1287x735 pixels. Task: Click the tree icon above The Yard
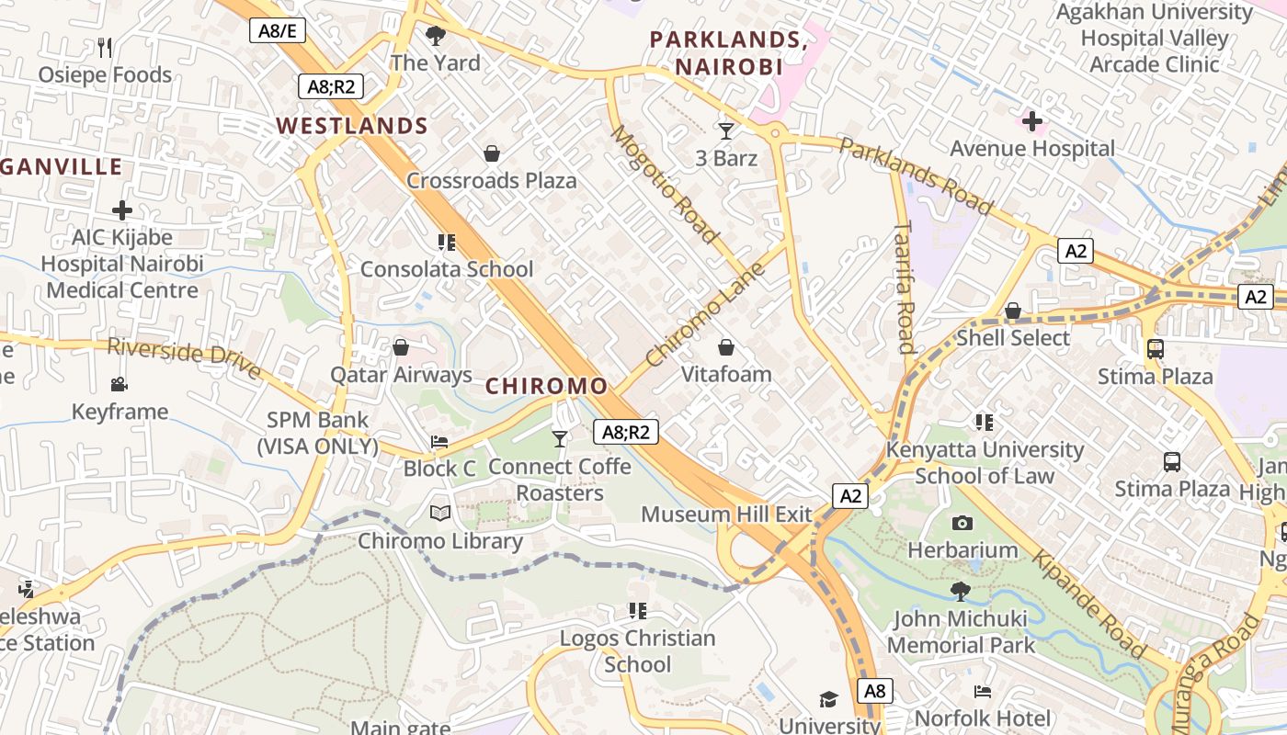[436, 36]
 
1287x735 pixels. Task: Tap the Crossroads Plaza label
[492, 180]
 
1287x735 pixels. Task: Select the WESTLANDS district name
[353, 126]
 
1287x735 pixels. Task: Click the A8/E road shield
[278, 30]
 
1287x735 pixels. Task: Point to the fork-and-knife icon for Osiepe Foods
[105, 48]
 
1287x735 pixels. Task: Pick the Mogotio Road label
[664, 184]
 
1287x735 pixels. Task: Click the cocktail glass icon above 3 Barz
[726, 130]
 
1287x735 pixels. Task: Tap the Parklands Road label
[916, 175]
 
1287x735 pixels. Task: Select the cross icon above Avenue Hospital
[1032, 120]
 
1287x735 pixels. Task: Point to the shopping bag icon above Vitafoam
[726, 347]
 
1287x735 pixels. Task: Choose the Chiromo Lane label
[705, 315]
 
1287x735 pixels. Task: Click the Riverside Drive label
[183, 357]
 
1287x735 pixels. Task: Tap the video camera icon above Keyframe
[120, 384]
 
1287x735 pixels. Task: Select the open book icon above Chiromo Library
[440, 513]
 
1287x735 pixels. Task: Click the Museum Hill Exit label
[726, 514]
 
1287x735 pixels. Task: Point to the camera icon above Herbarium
[962, 523]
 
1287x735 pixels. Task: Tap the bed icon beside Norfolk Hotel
[983, 691]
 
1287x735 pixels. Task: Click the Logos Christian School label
[637, 650]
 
